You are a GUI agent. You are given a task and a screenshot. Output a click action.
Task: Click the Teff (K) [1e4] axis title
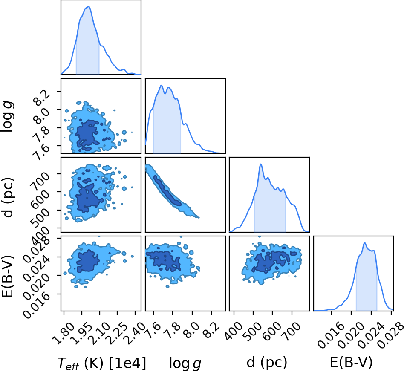[x=101, y=363]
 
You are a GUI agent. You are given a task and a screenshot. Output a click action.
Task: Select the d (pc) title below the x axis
[x=267, y=363]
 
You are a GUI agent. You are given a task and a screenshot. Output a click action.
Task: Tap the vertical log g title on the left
[x=8, y=117]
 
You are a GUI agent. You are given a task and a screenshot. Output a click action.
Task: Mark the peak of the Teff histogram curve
[x=89, y=6]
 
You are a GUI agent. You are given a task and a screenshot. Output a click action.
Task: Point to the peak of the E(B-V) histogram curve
[x=365, y=243]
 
